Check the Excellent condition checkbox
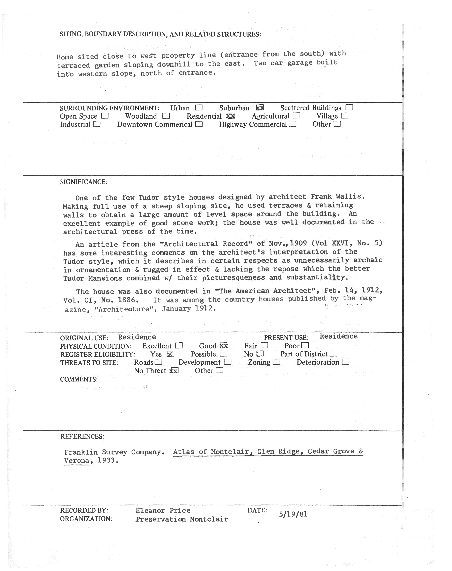click(x=179, y=345)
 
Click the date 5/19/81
click(x=293, y=514)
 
